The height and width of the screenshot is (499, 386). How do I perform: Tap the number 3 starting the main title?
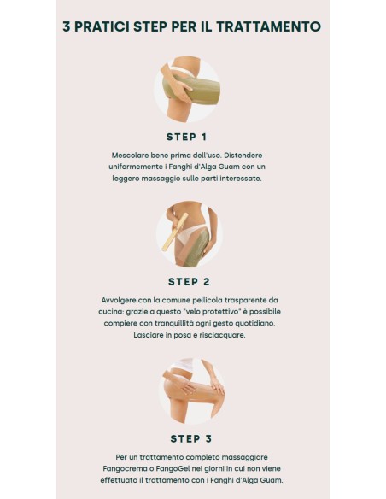(x=66, y=26)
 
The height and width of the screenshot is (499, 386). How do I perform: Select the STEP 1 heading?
(x=187, y=138)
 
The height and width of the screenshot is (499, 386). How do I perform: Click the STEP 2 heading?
(x=189, y=282)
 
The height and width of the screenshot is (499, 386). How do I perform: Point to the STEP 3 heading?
(x=191, y=439)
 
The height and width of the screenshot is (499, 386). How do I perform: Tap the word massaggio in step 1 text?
(x=158, y=179)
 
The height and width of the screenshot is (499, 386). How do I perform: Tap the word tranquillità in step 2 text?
(x=174, y=323)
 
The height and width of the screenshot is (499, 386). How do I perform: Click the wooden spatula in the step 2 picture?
(x=174, y=232)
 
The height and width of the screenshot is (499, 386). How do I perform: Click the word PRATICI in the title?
(x=102, y=26)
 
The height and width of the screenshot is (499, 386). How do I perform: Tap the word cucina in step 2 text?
(x=109, y=312)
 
